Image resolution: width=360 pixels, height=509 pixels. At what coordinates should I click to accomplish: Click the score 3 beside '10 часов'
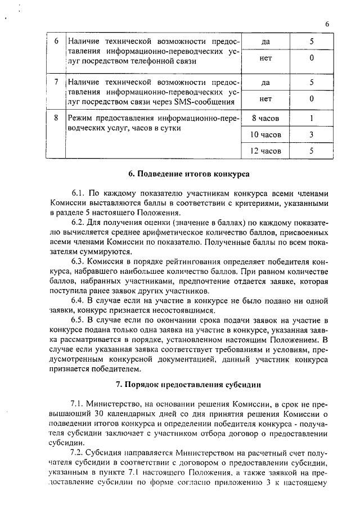coord(311,135)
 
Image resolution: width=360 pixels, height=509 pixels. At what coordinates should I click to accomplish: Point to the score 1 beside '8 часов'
coord(311,119)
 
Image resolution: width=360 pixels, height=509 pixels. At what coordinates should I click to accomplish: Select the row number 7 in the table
coord(56,82)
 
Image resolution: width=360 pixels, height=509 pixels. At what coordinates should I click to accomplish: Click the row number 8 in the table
coord(56,118)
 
